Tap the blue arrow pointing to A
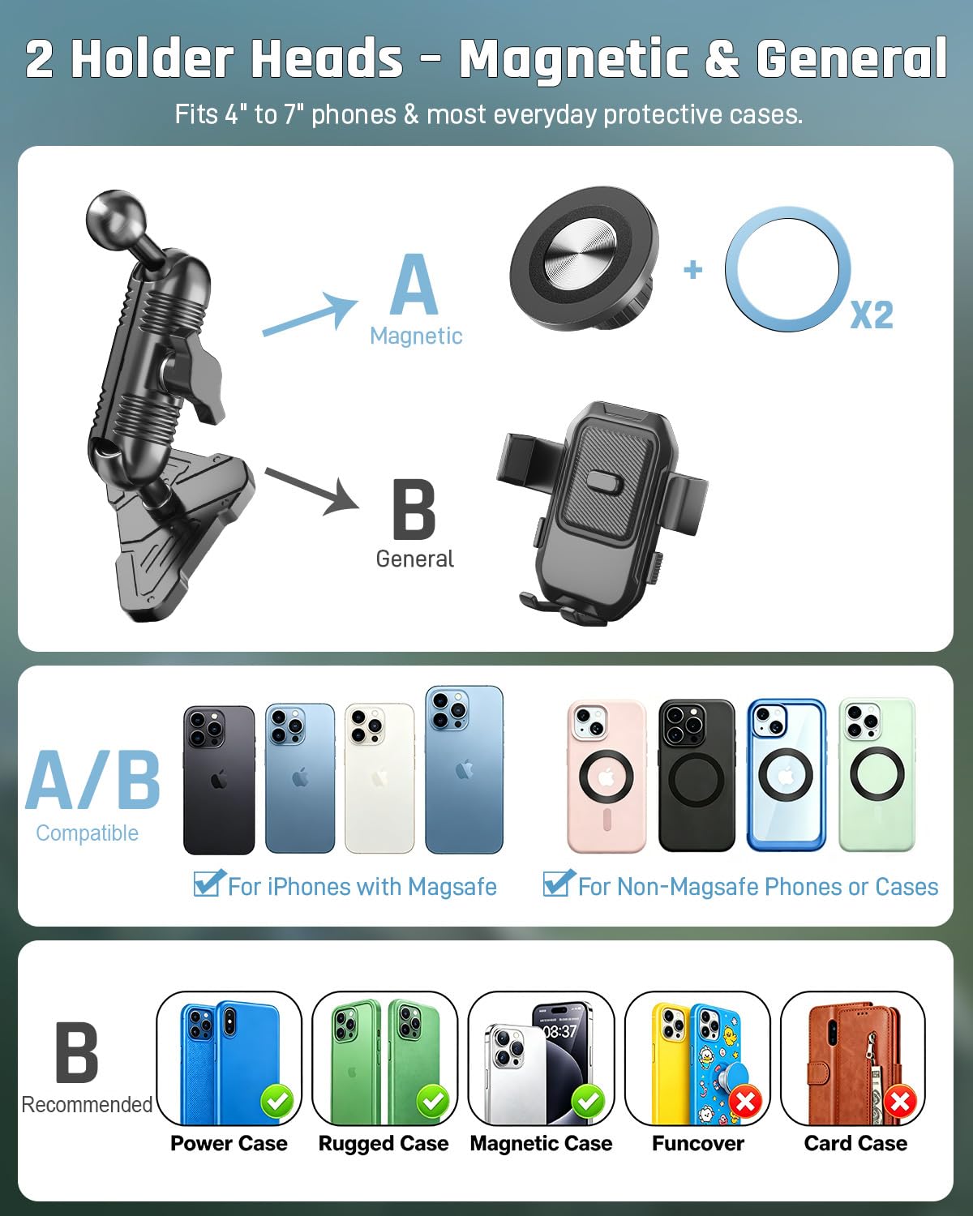(310, 315)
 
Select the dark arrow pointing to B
(312, 491)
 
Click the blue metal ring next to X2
(787, 268)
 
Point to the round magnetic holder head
(584, 259)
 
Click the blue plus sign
(693, 269)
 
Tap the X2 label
(872, 315)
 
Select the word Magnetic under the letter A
(416, 336)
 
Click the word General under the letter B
(415, 559)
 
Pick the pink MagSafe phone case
(607, 776)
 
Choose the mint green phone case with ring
(877, 775)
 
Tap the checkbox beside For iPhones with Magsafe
(208, 884)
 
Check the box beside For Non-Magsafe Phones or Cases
(558, 884)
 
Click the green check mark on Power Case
(277, 1101)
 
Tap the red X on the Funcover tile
(746, 1102)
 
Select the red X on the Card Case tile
(900, 1102)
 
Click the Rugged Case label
(384, 1143)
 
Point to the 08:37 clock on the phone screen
(559, 1031)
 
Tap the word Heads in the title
(327, 58)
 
